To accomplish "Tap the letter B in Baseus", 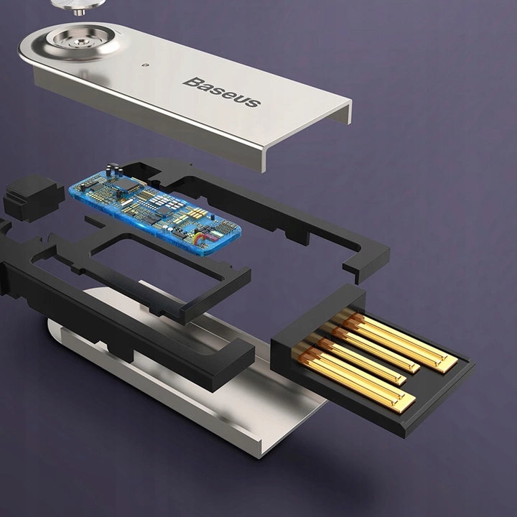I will [x=190, y=81].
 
